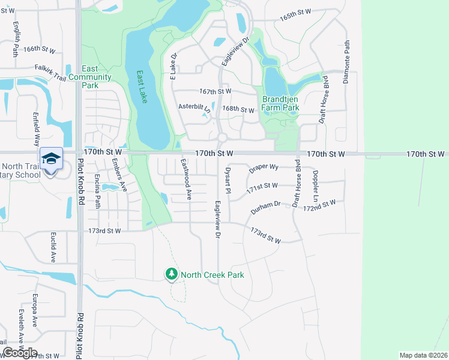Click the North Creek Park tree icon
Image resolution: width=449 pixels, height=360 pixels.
coord(172,275)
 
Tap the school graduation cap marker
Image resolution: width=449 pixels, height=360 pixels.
coord(52,158)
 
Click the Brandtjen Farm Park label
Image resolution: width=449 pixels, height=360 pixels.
coord(280,104)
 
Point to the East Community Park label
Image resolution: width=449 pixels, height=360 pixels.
coord(90,77)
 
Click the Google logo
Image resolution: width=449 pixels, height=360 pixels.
coord(20,353)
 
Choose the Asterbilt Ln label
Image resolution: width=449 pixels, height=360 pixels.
coord(194,107)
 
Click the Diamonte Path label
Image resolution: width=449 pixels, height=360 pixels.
coord(346,62)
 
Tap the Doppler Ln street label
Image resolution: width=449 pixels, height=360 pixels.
coord(315,183)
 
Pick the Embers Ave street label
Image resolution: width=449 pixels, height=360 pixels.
coord(124,179)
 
